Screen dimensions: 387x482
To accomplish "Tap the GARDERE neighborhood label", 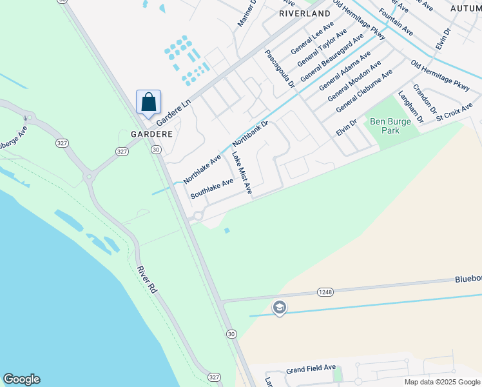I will coord(152,134).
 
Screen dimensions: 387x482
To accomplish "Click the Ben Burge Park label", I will coord(385,126).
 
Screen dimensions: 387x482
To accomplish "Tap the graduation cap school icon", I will coord(279,308).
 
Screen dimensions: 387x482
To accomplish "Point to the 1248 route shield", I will coord(325,292).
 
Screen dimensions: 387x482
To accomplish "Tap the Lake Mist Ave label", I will coord(242,173).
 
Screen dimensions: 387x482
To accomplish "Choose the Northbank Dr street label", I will coord(250,132).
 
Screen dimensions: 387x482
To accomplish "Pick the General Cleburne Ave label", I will coord(364,92).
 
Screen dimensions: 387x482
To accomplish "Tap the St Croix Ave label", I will coord(454,110).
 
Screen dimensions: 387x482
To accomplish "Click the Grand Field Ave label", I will coord(311,368).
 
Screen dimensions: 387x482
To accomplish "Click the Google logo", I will coord(21,379).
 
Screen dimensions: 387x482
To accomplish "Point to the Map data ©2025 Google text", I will coord(442,382).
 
